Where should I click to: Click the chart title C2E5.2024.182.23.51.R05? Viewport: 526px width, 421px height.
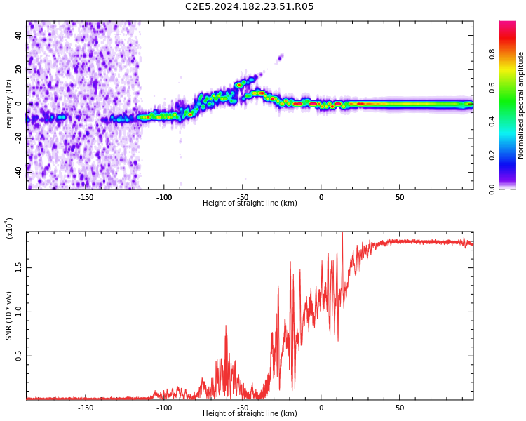(x=250, y=7)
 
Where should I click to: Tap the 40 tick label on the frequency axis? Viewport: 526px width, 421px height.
(x=19, y=35)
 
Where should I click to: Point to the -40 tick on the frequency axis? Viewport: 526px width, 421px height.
(x=18, y=171)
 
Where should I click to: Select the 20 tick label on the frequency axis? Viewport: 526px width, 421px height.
(x=19, y=69)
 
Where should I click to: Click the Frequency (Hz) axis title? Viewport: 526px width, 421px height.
(x=9, y=105)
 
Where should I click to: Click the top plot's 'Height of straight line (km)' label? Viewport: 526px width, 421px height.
(x=250, y=203)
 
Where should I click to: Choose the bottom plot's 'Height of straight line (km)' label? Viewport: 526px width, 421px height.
(x=250, y=414)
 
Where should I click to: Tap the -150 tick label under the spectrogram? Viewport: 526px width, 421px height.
(x=85, y=197)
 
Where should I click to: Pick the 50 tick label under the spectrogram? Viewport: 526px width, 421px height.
(x=399, y=197)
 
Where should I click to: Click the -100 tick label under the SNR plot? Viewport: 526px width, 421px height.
(x=163, y=408)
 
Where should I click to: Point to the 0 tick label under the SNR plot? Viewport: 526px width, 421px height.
(x=321, y=408)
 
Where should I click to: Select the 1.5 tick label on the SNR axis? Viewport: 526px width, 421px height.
(x=19, y=267)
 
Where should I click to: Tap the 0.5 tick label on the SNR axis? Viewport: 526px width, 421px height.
(x=19, y=356)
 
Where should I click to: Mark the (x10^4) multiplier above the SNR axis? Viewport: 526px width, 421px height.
(x=9, y=228)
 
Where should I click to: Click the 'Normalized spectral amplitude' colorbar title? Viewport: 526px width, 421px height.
(x=521, y=105)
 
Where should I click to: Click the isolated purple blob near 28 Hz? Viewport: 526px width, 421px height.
(x=280, y=58)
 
